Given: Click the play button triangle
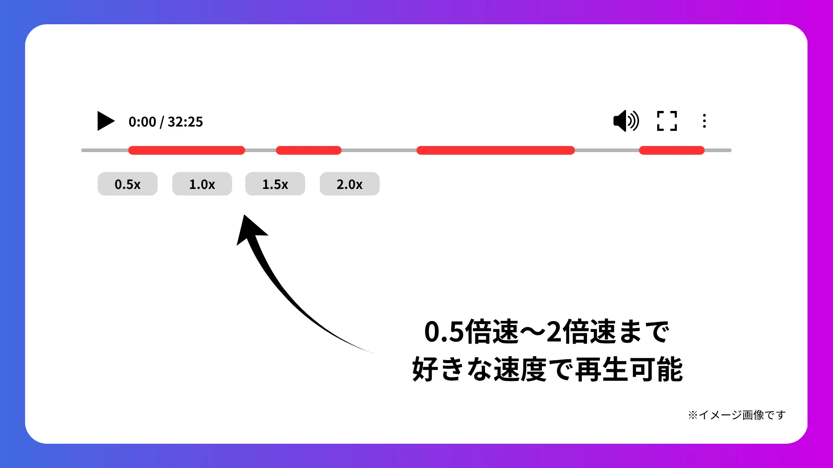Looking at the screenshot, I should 105,121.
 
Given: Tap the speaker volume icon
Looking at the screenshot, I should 626,120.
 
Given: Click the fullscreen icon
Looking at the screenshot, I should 667,121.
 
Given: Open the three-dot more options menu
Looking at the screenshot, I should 704,121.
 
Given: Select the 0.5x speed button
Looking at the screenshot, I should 128,184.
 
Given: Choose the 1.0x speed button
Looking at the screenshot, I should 202,184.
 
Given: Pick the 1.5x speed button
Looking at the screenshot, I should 275,184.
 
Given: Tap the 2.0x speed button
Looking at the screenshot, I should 350,184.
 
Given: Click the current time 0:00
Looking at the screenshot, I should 142,122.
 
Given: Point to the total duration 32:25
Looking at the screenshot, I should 185,122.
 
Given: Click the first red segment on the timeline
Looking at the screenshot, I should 187,150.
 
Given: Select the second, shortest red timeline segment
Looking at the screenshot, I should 308,150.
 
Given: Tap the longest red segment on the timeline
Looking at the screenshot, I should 495,150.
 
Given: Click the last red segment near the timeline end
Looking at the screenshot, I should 672,150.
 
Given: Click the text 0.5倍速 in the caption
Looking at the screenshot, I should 471,332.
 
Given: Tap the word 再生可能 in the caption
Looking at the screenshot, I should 629,370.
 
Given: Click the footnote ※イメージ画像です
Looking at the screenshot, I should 737,415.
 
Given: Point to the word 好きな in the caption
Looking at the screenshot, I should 451,370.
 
